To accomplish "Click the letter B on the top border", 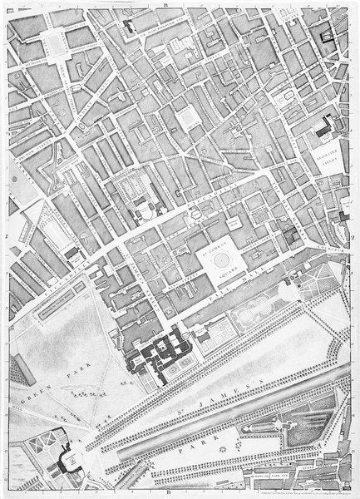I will point(165,5).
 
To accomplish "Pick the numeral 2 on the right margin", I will point(355,235).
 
